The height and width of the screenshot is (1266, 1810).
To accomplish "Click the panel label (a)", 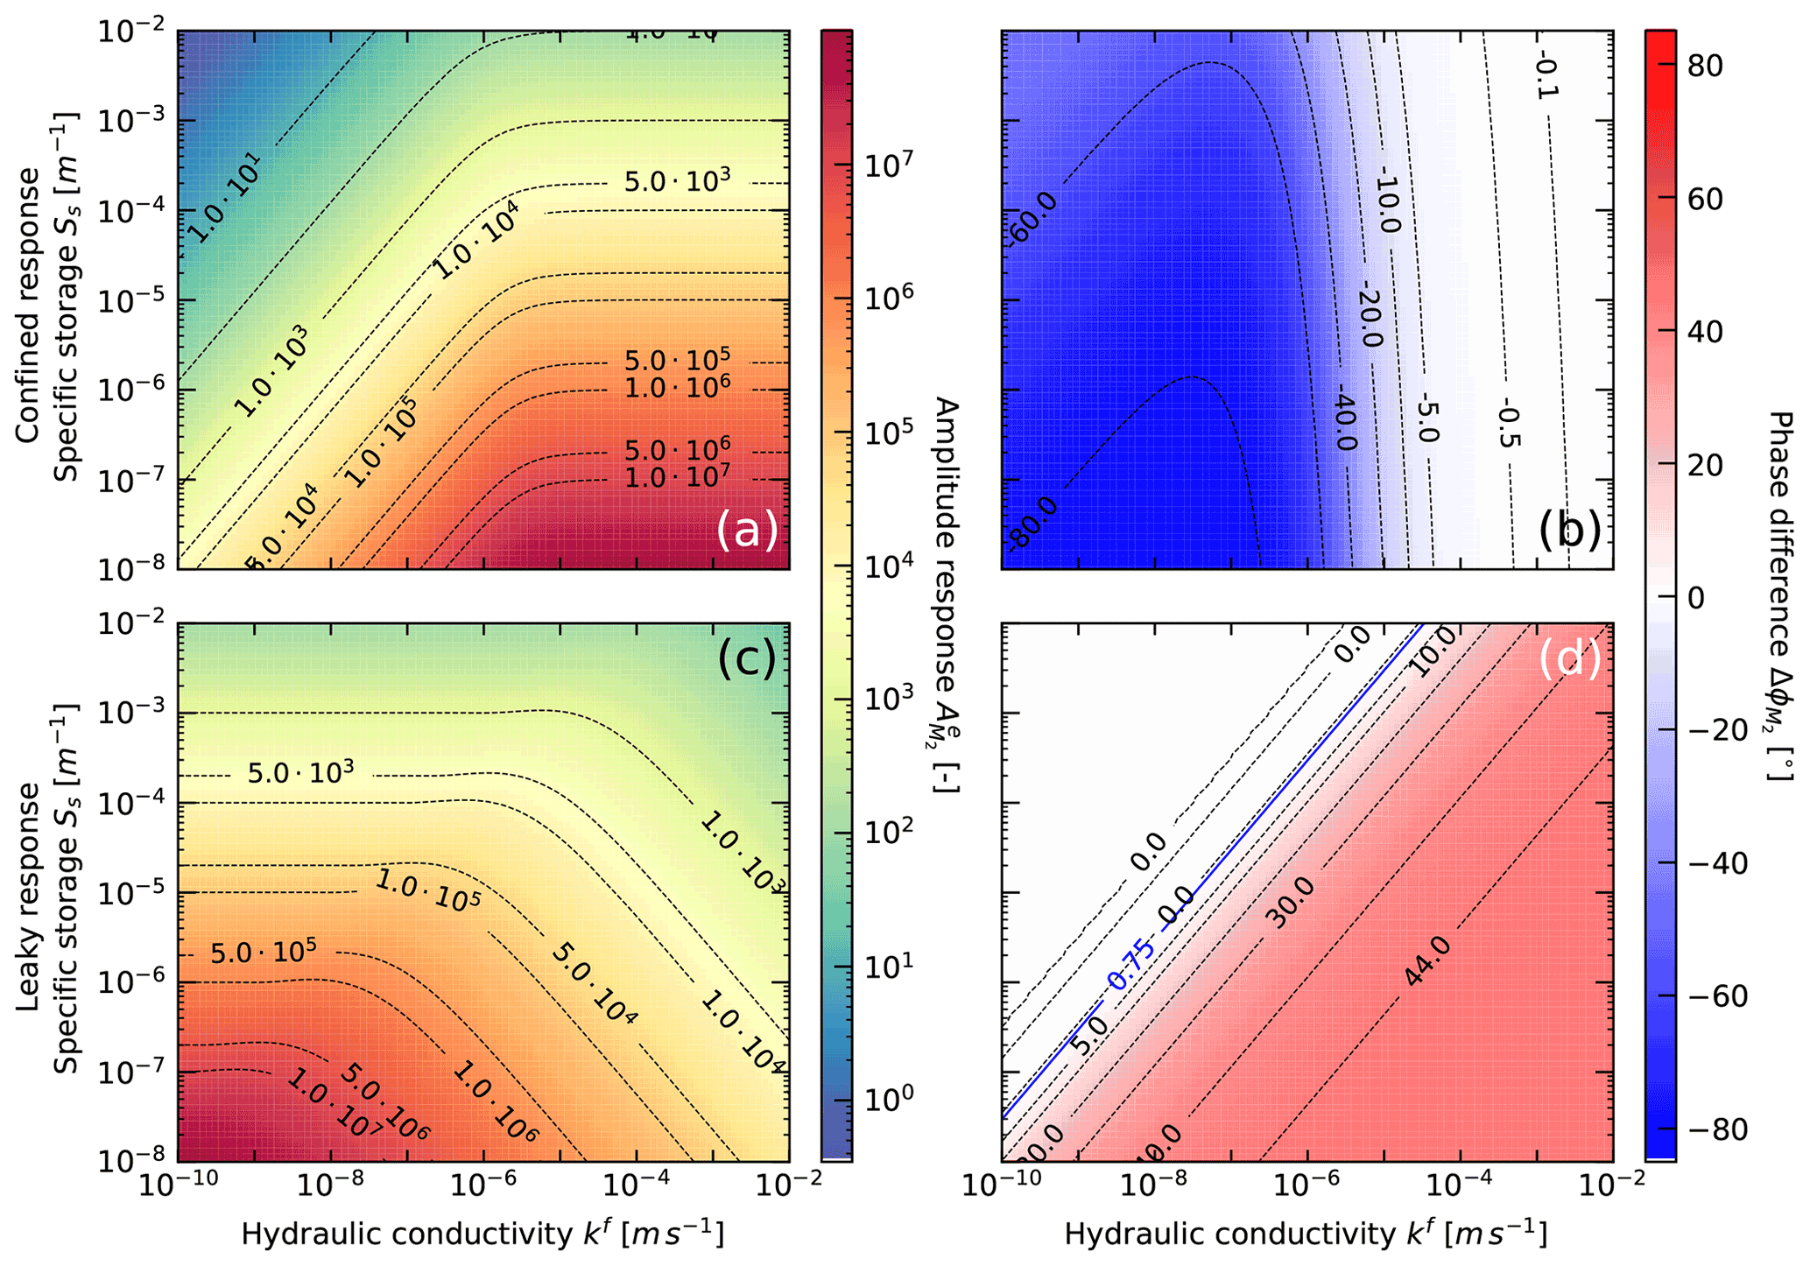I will pyautogui.click(x=747, y=531).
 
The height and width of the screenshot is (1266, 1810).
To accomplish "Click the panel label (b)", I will pyautogui.click(x=1570, y=531).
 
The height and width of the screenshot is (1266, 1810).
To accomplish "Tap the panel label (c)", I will pyautogui.click(x=747, y=658).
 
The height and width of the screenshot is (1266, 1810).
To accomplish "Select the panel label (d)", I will pyautogui.click(x=1570, y=658).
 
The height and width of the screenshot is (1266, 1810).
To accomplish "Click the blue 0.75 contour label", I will pyautogui.click(x=1132, y=963).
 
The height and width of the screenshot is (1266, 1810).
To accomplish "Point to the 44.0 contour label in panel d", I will pyautogui.click(x=1427, y=960).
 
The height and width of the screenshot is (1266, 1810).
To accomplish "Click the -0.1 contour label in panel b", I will pyautogui.click(x=1548, y=77).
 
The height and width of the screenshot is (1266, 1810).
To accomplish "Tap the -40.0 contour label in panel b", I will pyautogui.click(x=1344, y=422).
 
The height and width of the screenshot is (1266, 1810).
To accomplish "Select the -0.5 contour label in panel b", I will pyautogui.click(x=1506, y=422).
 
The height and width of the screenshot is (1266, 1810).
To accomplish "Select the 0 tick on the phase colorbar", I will pyautogui.click(x=1695, y=599).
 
